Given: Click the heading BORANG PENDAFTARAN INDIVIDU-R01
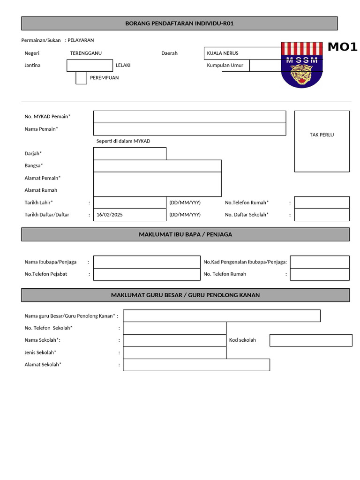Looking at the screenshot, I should point(180,23).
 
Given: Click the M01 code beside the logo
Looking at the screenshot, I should point(342,47).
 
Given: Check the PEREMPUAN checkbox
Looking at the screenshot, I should point(81,78).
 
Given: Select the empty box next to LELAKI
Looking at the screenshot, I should point(90,66).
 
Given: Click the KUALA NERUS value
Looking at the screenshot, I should point(223,53).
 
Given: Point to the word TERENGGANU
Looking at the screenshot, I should point(86,53).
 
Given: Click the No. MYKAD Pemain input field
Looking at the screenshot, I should point(189,117).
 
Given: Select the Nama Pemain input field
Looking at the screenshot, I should point(189,129).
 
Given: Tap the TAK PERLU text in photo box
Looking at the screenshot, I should point(322,135).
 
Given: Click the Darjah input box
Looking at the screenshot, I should point(130,154).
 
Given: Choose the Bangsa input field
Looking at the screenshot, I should point(157,166).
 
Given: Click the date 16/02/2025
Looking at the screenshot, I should point(109,215).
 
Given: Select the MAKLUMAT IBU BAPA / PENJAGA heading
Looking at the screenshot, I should point(185,234).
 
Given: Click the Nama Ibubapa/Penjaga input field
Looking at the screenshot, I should point(147,262).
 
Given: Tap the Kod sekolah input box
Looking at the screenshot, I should point(311,340).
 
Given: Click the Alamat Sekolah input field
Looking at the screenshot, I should point(196,365).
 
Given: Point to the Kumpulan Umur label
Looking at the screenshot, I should point(225,66).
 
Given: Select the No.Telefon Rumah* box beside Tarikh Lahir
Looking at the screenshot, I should point(322,202).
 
